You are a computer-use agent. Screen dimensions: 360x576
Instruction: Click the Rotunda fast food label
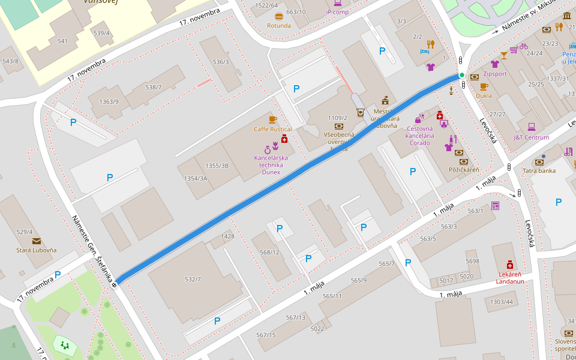click(x=278, y=26)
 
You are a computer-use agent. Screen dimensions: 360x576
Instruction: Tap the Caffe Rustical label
click(x=272, y=129)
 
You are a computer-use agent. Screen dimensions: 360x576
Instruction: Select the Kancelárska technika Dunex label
click(x=271, y=165)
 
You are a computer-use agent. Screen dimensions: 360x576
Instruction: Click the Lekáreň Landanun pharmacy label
click(x=511, y=278)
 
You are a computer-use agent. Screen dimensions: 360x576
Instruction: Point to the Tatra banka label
click(x=538, y=170)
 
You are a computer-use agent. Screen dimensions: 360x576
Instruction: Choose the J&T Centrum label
click(x=531, y=137)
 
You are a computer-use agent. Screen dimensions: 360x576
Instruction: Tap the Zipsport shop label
click(x=494, y=74)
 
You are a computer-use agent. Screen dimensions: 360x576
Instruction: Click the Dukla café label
click(x=483, y=95)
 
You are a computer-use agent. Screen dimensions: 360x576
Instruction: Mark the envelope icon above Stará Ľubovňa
click(x=37, y=241)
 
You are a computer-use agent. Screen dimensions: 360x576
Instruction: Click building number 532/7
click(x=193, y=279)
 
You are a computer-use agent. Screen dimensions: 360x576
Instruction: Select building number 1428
click(x=227, y=236)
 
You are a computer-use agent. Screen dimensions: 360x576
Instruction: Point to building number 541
click(x=62, y=41)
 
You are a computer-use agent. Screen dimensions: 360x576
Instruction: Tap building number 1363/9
click(x=109, y=101)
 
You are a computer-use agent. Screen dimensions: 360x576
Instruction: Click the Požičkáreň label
click(x=464, y=170)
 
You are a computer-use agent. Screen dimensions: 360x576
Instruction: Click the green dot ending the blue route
click(x=461, y=75)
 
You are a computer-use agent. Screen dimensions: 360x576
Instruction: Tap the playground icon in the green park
click(x=64, y=345)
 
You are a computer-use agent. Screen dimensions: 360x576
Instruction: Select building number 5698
click(x=472, y=261)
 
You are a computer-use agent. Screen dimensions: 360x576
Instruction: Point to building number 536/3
click(x=220, y=62)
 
